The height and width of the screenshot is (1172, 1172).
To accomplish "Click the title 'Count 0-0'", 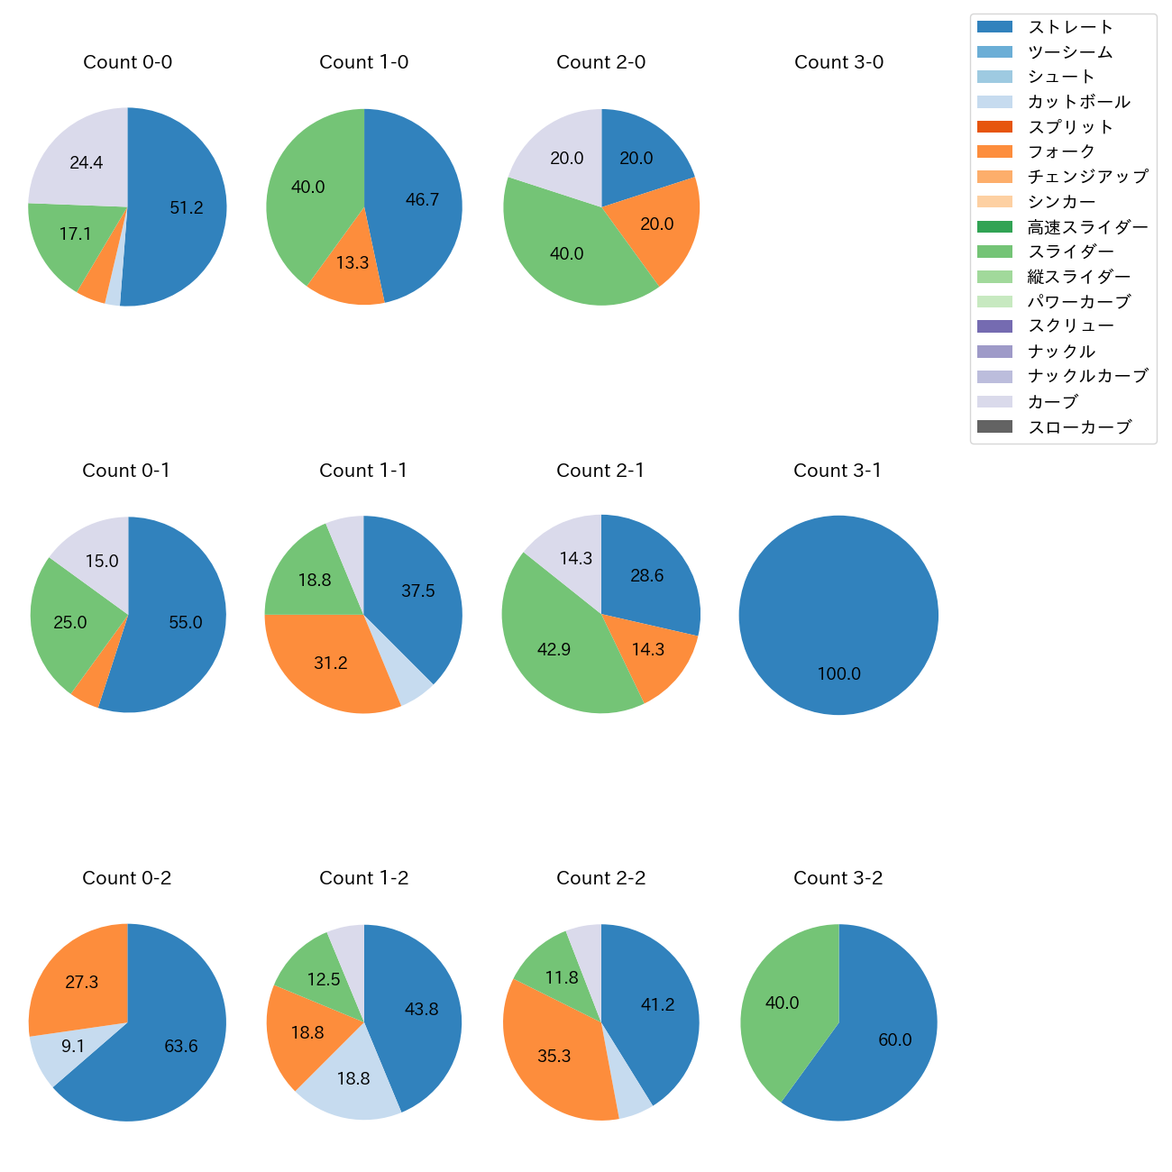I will click(x=127, y=62).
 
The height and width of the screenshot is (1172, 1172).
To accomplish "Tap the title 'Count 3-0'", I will click(x=838, y=62).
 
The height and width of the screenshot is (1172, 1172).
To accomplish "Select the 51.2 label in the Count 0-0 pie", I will click(x=187, y=208).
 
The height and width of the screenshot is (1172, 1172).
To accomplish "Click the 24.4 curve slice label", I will click(x=87, y=163).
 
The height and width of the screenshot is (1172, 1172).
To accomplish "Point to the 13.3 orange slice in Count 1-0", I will click(x=352, y=263).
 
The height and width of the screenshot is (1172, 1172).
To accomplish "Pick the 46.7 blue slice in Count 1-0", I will click(x=422, y=200).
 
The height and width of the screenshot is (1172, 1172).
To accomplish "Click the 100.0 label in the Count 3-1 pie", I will click(x=838, y=674).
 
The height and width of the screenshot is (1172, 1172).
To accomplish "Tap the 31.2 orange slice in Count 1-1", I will click(x=331, y=664).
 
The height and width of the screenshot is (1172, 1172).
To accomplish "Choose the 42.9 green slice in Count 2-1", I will click(x=554, y=650).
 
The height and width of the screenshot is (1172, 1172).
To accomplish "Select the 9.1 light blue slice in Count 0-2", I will click(x=73, y=1047).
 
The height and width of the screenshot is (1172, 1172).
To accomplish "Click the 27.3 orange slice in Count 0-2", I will click(x=82, y=983).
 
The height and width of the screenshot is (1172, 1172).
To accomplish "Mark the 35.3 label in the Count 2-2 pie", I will click(x=554, y=1057).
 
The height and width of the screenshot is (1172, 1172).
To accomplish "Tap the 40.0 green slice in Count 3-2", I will click(x=782, y=1003).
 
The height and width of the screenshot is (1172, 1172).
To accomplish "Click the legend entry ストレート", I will click(x=1070, y=27).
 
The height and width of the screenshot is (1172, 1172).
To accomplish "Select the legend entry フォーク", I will click(x=1061, y=151).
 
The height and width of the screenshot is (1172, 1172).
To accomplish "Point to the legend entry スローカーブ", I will click(x=1079, y=427).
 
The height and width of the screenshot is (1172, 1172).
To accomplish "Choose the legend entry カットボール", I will click(x=1078, y=102).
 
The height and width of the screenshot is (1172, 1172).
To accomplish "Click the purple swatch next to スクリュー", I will click(x=994, y=326).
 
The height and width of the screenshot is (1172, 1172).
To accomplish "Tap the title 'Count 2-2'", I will click(x=600, y=878).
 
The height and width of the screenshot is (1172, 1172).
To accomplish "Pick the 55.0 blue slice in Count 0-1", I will click(x=186, y=623).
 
